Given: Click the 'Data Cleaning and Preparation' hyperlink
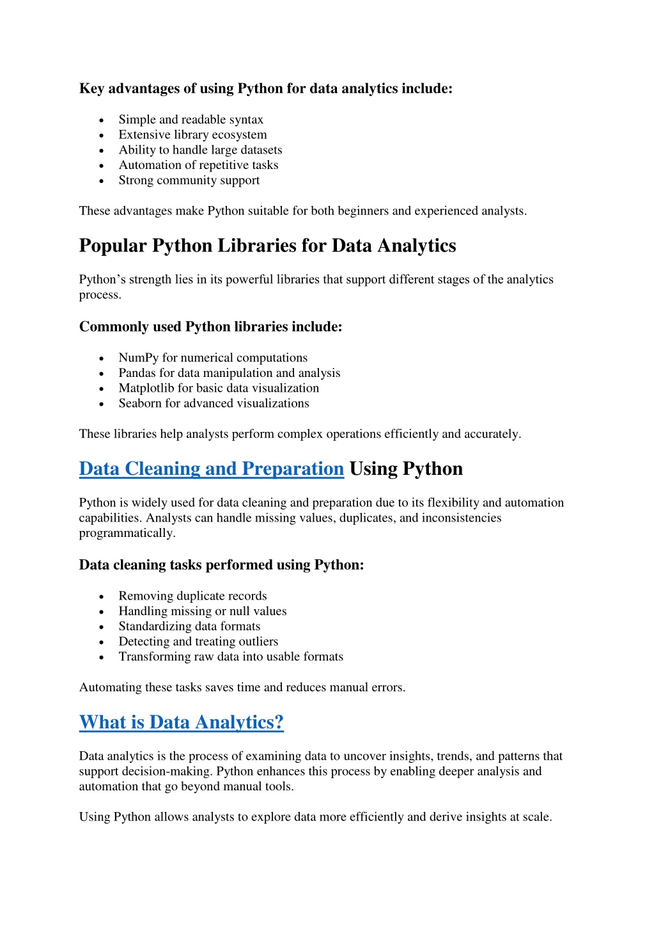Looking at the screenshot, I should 211,469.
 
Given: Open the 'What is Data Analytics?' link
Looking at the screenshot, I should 181,722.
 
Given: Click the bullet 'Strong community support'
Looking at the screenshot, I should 189,180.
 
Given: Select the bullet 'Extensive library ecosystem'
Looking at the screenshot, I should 192,135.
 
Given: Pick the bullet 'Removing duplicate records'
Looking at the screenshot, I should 192,596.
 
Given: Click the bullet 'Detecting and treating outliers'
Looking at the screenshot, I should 198,642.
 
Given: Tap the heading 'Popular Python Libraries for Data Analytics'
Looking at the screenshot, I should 267,246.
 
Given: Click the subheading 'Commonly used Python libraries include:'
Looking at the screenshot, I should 210,327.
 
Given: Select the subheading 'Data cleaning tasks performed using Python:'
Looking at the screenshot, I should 221,565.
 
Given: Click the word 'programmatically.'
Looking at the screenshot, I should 127,534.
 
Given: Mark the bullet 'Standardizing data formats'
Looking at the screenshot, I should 189,627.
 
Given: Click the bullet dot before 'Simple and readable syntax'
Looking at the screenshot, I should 102,120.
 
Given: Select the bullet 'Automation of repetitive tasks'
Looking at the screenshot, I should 198,165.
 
